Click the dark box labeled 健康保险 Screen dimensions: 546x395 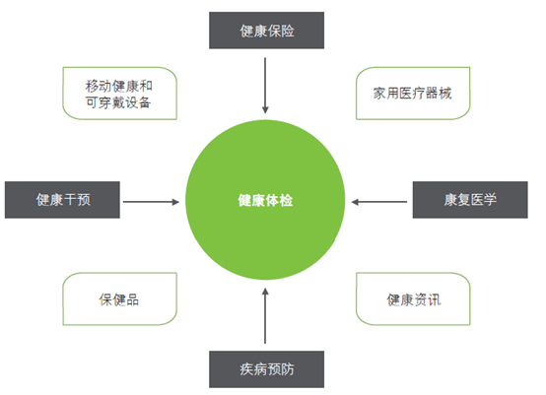[x=266, y=31]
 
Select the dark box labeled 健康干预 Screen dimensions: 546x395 [x=62, y=200]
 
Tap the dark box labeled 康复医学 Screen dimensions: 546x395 [x=470, y=200]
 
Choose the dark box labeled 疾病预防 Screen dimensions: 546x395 [x=266, y=369]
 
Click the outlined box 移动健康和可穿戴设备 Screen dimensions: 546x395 [x=120, y=94]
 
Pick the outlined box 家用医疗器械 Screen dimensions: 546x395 [x=413, y=94]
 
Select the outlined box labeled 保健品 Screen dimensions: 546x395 [x=120, y=298]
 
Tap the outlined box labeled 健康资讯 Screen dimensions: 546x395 [x=413, y=298]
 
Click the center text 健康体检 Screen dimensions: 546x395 [x=265, y=201]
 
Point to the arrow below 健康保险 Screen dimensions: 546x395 [x=265, y=86]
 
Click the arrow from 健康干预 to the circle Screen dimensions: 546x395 [x=151, y=202]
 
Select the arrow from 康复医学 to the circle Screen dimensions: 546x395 [x=379, y=202]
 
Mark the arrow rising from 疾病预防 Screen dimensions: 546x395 [x=265, y=316]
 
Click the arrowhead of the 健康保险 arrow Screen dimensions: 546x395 [x=265, y=110]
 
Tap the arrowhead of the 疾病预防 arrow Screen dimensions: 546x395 [x=265, y=292]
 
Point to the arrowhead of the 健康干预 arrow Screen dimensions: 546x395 [x=175, y=202]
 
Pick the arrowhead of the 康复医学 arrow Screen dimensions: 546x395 [x=355, y=202]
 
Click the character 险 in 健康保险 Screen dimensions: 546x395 [x=288, y=31]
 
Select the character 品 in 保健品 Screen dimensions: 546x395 [x=132, y=299]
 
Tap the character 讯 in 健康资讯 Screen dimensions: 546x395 [x=435, y=299]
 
